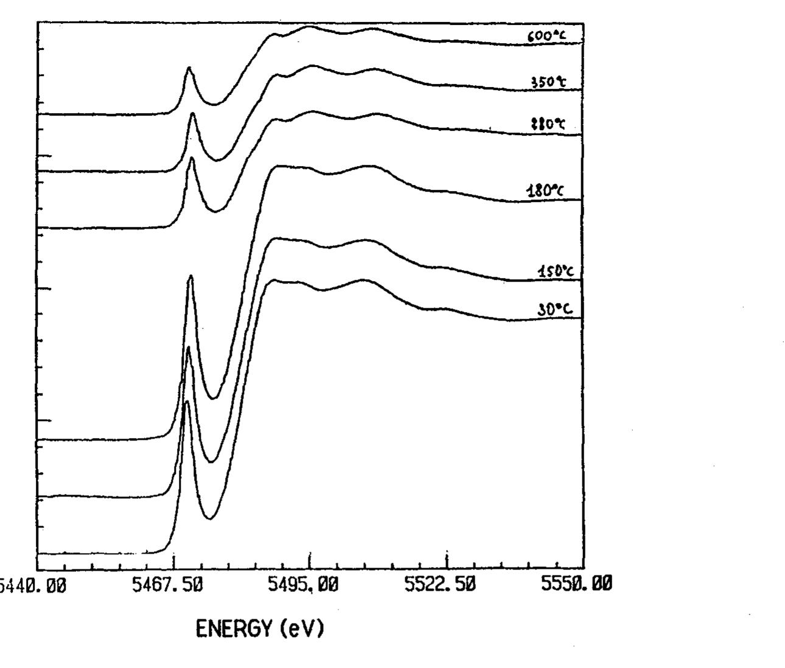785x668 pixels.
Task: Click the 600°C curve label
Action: coord(546,37)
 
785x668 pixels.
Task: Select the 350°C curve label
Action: coord(546,83)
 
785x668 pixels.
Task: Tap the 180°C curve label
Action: coord(545,191)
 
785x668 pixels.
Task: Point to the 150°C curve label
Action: coord(555,271)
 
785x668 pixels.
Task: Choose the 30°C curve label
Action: coord(554,310)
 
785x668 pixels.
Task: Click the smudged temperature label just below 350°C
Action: coord(547,125)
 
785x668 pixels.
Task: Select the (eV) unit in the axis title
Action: coord(302,628)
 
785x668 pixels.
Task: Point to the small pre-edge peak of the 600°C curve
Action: coord(189,68)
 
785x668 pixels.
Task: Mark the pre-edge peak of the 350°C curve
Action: coord(193,114)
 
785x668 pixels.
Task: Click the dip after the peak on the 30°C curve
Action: coord(209,519)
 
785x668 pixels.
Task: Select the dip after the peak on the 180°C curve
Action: coord(214,399)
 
